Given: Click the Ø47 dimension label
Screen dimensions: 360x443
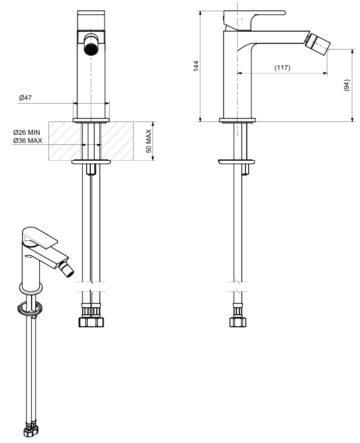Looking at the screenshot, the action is tap(25, 98).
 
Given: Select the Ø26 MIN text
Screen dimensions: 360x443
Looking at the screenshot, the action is tap(27, 132).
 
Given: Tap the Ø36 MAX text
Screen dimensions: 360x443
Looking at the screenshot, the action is tap(28, 140).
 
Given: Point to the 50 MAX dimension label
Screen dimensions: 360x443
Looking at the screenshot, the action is tap(149, 141).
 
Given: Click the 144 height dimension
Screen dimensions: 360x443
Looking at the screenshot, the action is tap(196, 66).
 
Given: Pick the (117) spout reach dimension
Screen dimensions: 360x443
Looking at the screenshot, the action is tap(282, 68).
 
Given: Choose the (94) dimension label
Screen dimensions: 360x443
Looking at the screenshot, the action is tap(347, 85).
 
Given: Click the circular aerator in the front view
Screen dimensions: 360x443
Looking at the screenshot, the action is tap(91, 49).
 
